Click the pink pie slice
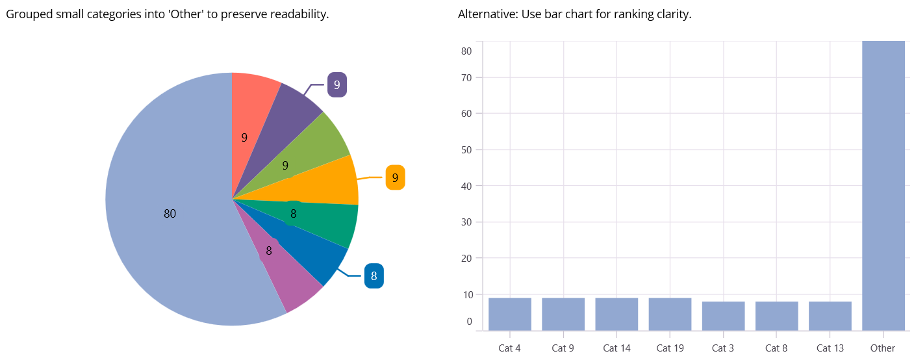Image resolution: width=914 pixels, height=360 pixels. click(x=286, y=279)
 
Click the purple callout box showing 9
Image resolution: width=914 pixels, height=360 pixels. click(x=336, y=84)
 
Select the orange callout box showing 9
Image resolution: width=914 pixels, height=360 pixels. click(x=395, y=177)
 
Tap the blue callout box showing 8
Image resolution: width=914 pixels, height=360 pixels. click(x=374, y=276)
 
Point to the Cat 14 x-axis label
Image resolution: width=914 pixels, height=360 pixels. click(x=616, y=348)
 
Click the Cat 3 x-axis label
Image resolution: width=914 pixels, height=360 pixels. click(x=723, y=348)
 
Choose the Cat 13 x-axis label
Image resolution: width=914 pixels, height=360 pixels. click(x=830, y=348)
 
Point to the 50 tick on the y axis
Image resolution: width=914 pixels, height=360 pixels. click(x=466, y=149)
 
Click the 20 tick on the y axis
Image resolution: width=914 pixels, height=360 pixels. click(x=466, y=258)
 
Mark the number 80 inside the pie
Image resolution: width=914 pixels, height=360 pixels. click(x=170, y=214)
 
